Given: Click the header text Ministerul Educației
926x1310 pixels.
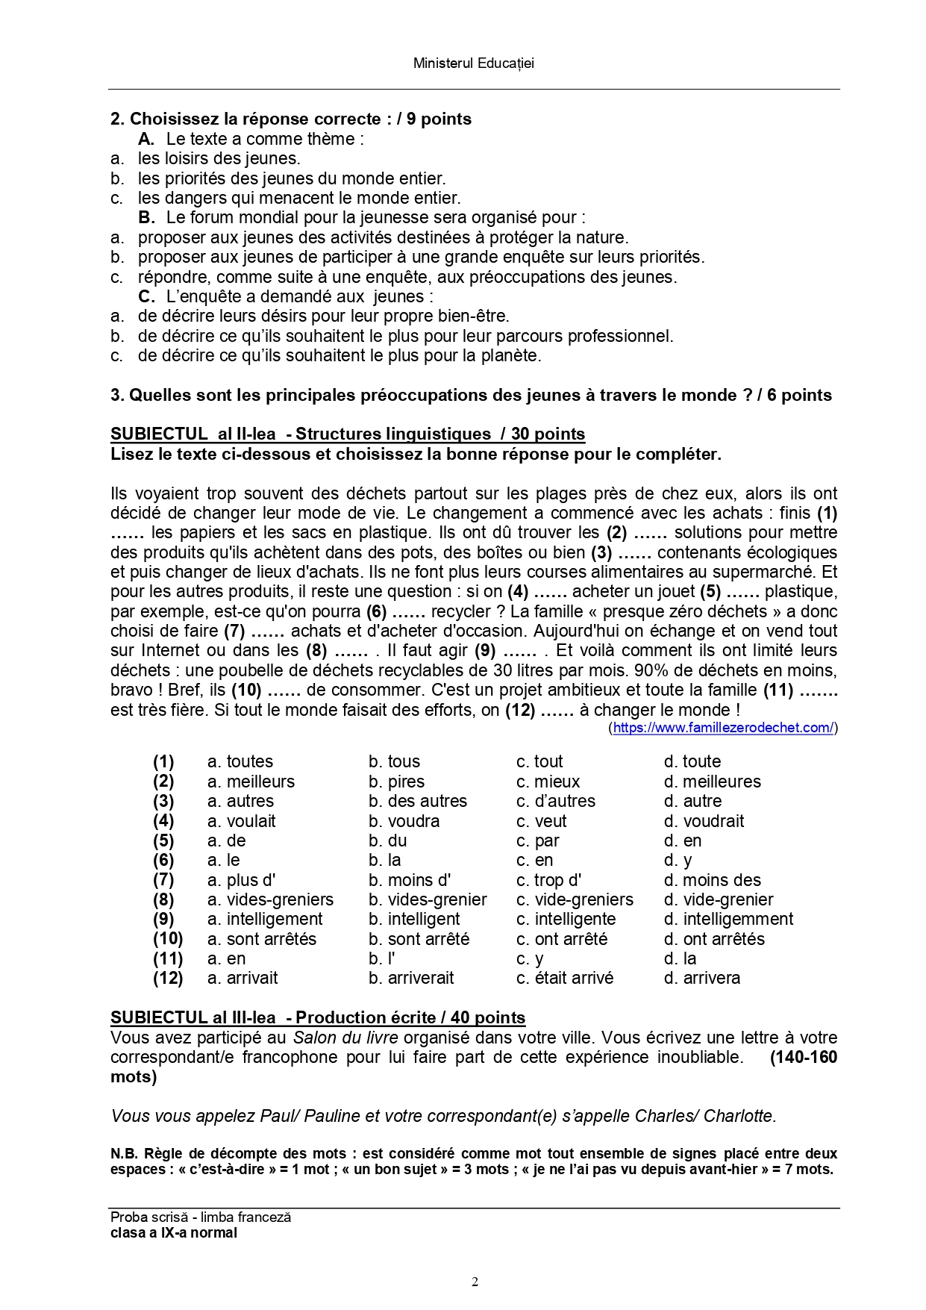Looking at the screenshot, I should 473,63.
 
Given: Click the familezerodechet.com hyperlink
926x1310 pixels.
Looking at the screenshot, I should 722,728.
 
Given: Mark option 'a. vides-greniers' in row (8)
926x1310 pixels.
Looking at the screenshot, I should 270,899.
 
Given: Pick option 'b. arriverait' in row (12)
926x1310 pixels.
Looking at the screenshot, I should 410,978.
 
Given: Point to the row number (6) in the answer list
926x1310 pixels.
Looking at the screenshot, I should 163,860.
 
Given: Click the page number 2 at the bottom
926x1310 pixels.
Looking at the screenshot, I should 475,1282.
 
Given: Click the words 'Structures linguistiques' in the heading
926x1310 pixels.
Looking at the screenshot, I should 393,434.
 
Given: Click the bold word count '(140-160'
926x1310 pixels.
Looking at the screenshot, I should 803,1057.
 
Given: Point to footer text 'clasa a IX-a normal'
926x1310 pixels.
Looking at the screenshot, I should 173,1232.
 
